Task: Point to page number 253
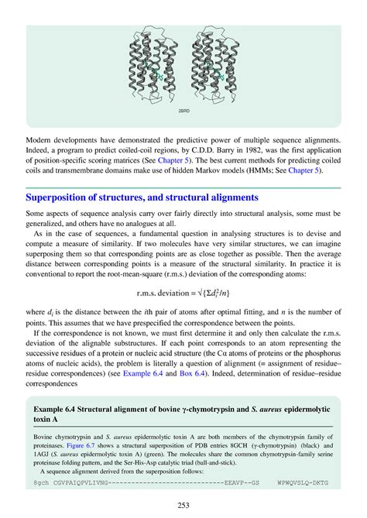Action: (x=183, y=505)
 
